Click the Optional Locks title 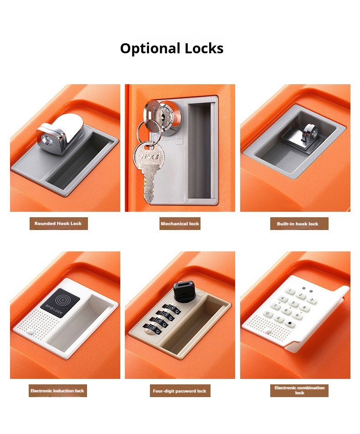click(x=172, y=48)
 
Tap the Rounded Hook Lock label click(x=59, y=224)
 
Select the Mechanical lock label click(x=180, y=224)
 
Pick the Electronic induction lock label click(x=57, y=391)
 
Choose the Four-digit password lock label click(x=179, y=391)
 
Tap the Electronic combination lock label click(x=299, y=390)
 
